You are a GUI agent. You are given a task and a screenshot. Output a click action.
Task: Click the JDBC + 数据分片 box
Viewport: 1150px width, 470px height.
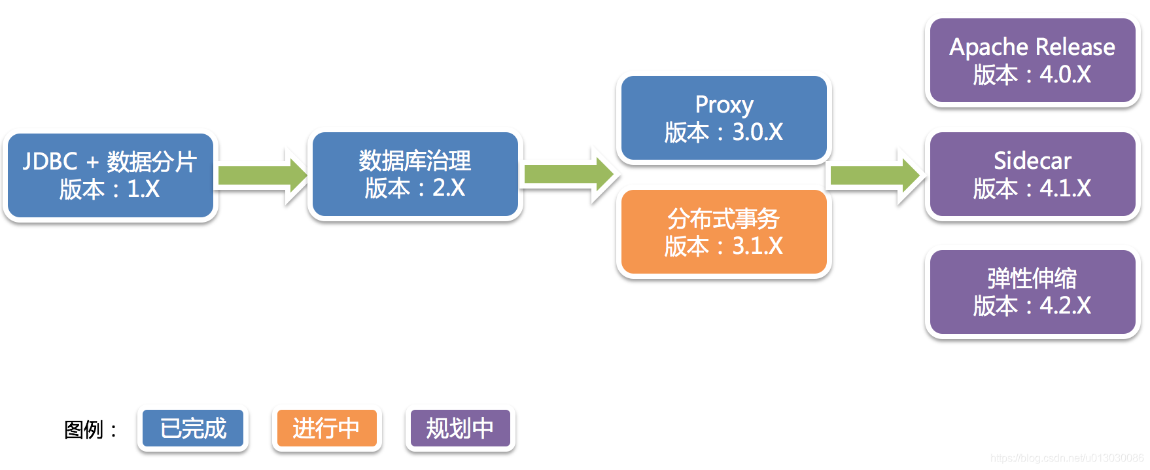click(110, 175)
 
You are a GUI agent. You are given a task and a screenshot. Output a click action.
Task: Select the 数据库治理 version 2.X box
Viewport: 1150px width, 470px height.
click(415, 175)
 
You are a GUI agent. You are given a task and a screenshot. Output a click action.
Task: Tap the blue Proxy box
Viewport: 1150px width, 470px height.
click(723, 118)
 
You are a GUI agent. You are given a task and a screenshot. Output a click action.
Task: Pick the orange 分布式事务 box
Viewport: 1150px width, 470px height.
click(723, 232)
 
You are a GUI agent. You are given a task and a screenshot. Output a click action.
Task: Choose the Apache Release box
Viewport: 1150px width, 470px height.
click(1032, 61)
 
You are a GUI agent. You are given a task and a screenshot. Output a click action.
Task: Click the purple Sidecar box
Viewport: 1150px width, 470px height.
click(1032, 175)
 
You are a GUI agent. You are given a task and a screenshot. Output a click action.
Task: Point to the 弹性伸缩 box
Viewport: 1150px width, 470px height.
click(1032, 292)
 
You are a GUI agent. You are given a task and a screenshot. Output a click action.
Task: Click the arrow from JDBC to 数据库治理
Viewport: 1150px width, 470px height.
click(262, 175)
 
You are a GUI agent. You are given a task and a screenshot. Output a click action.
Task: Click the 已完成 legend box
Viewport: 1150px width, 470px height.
click(193, 429)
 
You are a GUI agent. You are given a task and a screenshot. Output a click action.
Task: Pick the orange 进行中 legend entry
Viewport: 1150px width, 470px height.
click(326, 429)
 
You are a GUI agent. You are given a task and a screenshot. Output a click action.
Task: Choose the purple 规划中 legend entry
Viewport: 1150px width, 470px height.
click(460, 429)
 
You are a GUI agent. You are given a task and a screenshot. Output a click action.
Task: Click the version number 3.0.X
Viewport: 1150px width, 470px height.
click(758, 132)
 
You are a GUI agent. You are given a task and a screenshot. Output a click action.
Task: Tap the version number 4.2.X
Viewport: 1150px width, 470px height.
click(1066, 306)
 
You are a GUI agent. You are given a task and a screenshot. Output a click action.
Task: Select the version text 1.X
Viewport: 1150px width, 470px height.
click(143, 189)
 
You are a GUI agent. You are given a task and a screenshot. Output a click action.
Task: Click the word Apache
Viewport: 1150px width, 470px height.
click(988, 47)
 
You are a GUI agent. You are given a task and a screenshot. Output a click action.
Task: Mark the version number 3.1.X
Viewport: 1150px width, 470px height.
click(758, 246)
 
